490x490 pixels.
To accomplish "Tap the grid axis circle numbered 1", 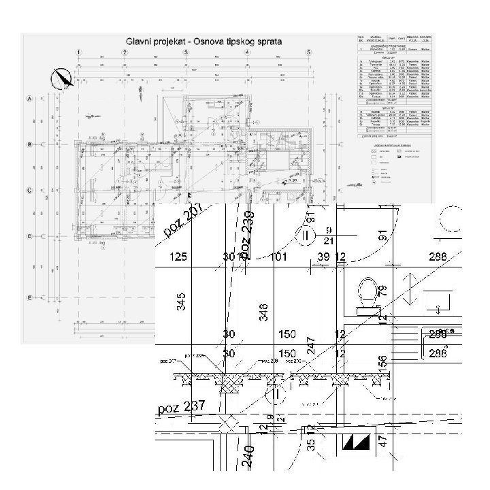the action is (x=80, y=52).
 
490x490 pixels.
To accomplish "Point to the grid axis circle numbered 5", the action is (x=309, y=52).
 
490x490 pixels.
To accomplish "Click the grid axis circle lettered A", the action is (x=29, y=99).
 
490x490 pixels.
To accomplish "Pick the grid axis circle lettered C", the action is (x=29, y=191).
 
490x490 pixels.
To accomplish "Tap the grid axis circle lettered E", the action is (x=29, y=298).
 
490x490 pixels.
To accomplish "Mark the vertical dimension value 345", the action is (x=182, y=301).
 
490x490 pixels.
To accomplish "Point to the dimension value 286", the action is (x=438, y=257).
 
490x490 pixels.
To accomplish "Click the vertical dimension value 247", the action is (x=310, y=346).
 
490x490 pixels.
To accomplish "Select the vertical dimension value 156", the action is (x=382, y=364).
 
